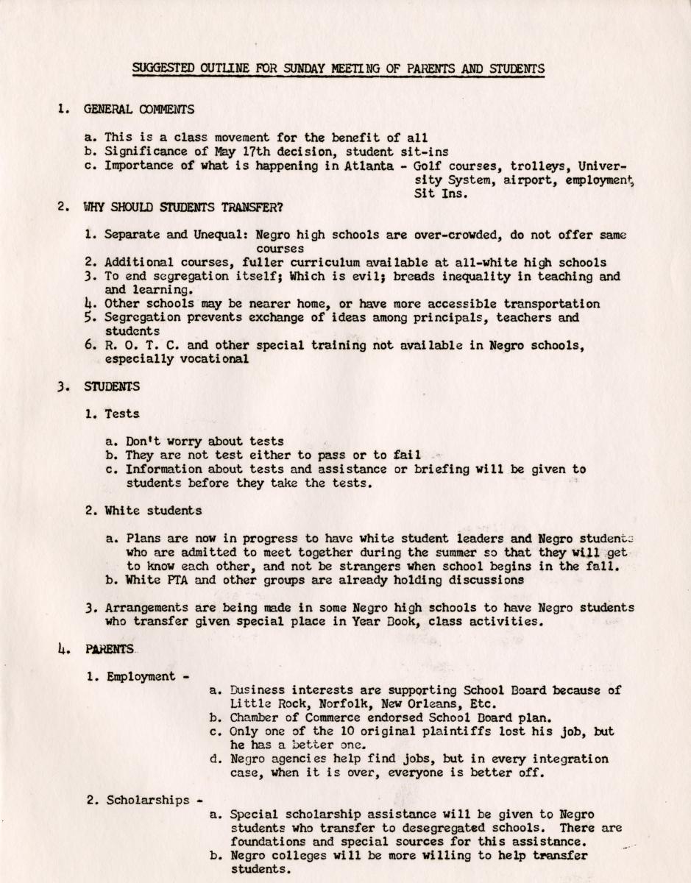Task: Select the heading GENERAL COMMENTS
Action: [139, 110]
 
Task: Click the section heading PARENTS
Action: [110, 649]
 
